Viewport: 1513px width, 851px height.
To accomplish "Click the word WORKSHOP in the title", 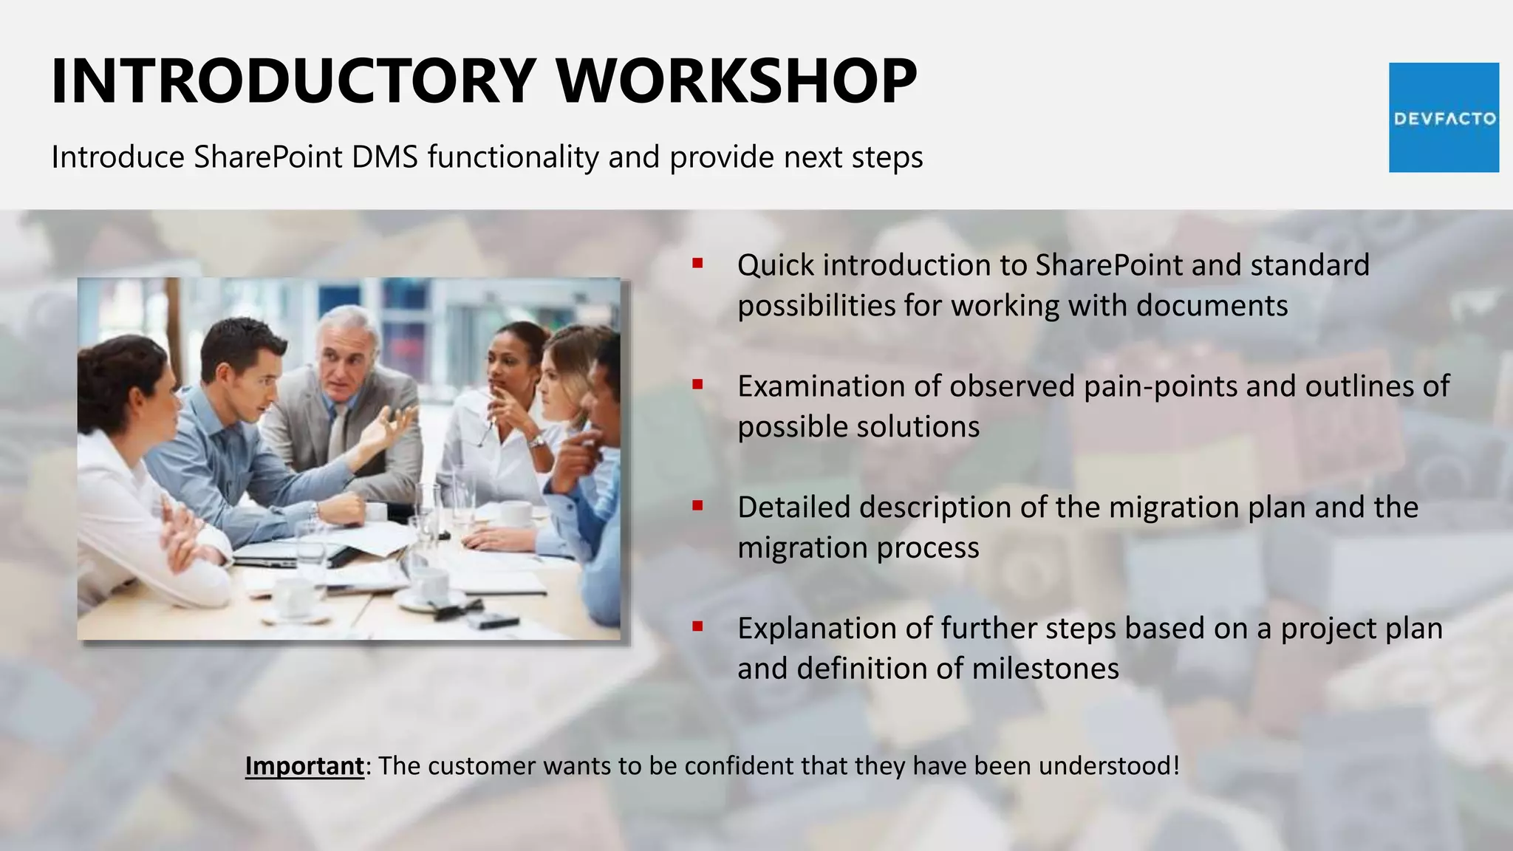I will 737,81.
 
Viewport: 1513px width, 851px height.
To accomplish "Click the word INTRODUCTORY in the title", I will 293,81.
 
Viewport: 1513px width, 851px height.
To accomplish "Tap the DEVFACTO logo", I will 1444,117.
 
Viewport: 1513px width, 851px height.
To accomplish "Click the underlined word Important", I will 304,766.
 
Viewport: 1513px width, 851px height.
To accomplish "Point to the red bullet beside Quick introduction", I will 697,263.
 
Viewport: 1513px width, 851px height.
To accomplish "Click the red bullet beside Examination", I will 697,384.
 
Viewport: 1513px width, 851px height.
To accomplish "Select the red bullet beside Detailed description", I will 697,505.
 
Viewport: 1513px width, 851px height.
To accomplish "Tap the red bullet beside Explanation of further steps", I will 697,626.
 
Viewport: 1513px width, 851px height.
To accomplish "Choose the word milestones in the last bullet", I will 1045,669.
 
